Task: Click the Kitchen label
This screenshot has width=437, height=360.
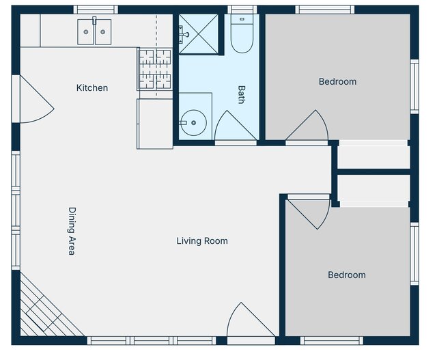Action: tap(92, 88)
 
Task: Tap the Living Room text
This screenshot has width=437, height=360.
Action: tap(202, 241)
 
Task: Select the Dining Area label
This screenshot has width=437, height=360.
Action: tap(72, 231)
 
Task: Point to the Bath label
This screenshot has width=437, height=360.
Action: tap(241, 94)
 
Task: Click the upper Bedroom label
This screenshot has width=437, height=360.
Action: tap(337, 82)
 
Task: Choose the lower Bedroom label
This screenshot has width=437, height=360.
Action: tap(347, 275)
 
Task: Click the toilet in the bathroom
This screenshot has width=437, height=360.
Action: tap(242, 33)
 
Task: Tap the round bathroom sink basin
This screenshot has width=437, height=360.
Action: tap(194, 123)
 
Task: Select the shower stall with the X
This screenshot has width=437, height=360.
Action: tap(198, 33)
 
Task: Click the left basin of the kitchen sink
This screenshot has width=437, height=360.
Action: tap(86, 32)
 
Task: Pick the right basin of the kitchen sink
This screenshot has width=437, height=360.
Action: tap(103, 32)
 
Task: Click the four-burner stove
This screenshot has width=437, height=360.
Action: tap(155, 69)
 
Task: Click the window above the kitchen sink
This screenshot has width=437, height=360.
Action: tap(96, 10)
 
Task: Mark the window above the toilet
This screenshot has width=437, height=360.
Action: tap(242, 10)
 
